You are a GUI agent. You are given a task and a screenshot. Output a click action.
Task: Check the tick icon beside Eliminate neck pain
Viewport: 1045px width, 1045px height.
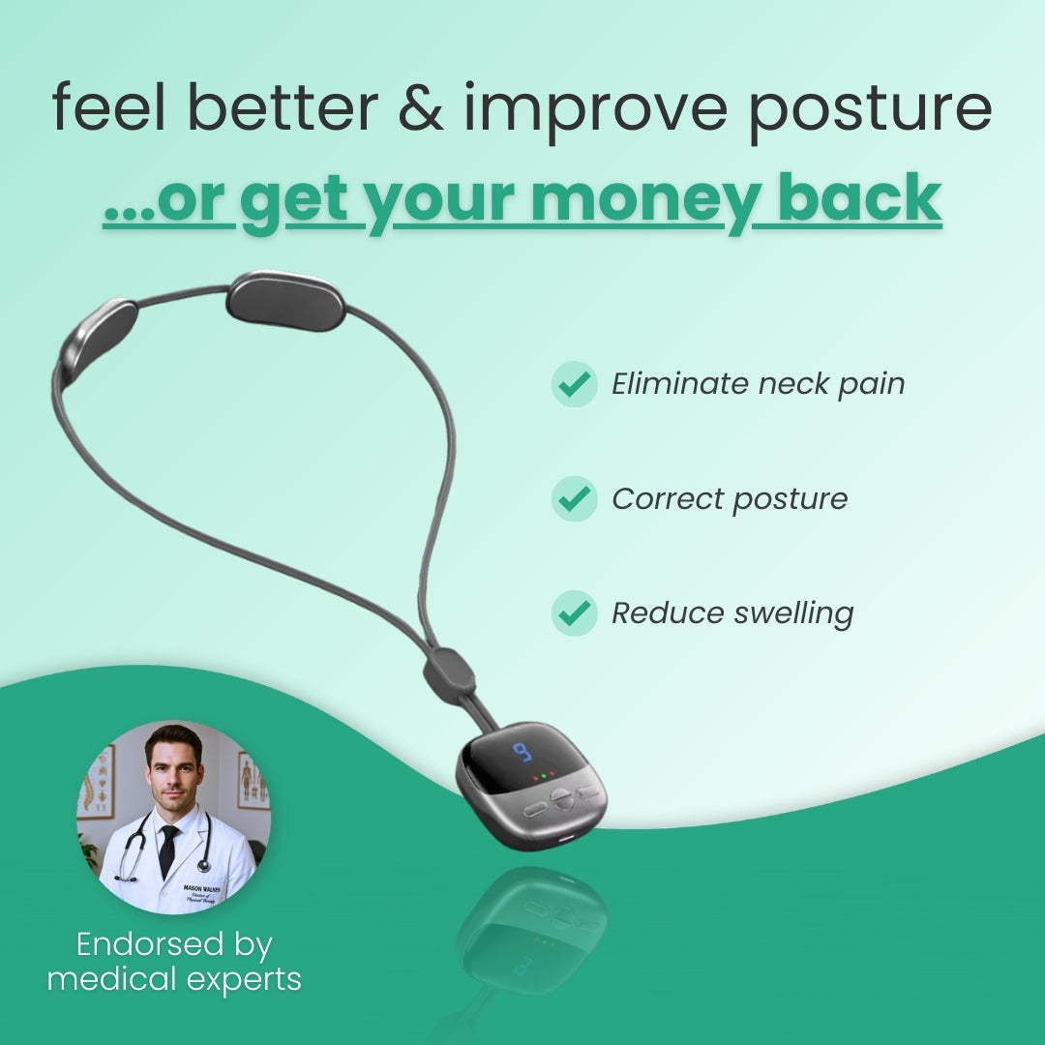pyautogui.click(x=575, y=384)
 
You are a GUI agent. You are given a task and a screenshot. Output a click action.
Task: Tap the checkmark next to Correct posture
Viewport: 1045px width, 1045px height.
pyautogui.click(x=575, y=499)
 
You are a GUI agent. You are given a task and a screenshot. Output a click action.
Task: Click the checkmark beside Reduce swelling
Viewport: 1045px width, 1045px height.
pyautogui.click(x=575, y=612)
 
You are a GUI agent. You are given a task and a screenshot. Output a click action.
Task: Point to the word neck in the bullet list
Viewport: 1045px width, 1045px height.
pyautogui.click(x=791, y=384)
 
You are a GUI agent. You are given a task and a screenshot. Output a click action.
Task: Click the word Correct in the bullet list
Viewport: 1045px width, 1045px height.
pyautogui.click(x=666, y=499)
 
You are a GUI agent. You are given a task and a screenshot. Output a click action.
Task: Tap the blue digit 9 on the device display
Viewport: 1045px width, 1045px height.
pyautogui.click(x=522, y=753)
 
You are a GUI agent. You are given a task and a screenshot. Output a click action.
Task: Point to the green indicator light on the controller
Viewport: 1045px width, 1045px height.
pyautogui.click(x=543, y=775)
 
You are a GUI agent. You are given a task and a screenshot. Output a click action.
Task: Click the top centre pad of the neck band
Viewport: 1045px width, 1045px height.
pyautogui.click(x=285, y=300)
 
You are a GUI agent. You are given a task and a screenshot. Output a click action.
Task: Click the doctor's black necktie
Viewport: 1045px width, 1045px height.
pyautogui.click(x=169, y=851)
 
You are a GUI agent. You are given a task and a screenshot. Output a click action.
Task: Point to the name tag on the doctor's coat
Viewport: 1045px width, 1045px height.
pyautogui.click(x=201, y=864)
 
